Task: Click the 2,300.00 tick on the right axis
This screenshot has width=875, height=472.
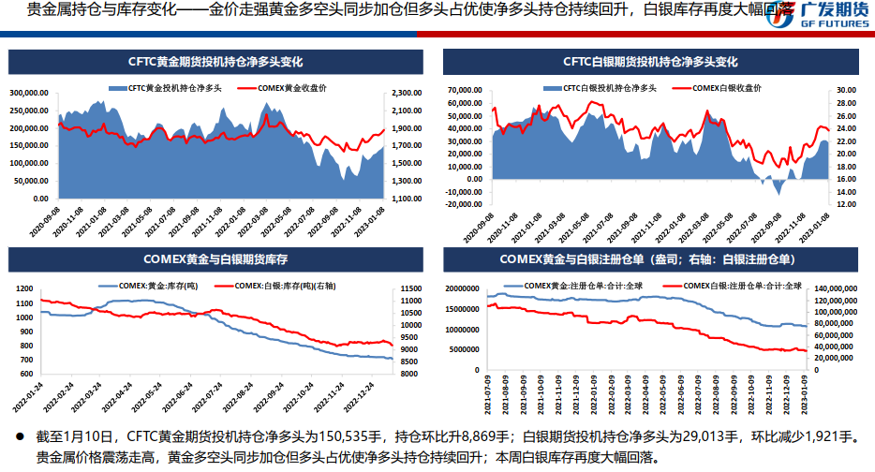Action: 404,93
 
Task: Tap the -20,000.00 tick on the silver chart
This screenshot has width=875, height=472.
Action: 465,203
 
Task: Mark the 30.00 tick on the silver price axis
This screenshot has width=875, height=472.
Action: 846,90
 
